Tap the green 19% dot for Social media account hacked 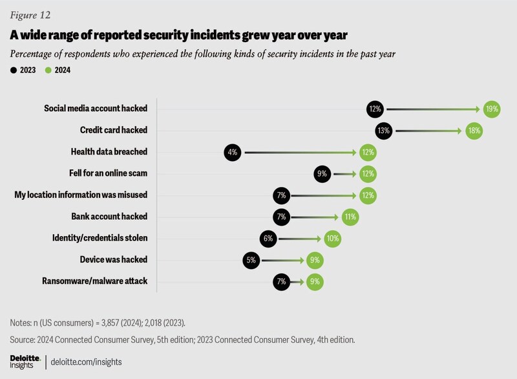coord(492,109)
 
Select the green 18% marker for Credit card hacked coord(472,130)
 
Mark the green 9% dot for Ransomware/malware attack coord(315,281)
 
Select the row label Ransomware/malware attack coord(94,281)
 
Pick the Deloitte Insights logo coord(25,361)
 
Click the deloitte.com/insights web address coord(85,361)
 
